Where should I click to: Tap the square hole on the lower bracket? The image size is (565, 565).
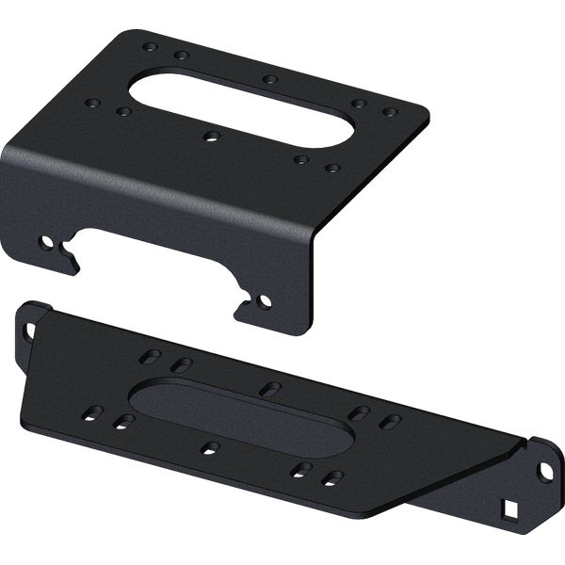click(510, 508)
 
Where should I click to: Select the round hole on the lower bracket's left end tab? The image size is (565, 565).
click(29, 330)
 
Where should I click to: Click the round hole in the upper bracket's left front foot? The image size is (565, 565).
click(44, 242)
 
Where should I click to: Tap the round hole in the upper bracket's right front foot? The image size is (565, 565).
click(264, 302)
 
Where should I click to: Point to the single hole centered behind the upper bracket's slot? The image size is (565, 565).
click(270, 79)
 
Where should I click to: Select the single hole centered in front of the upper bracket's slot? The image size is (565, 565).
click(211, 137)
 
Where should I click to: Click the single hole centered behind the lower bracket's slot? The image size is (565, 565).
click(269, 388)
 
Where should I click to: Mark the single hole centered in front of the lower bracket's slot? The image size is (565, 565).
click(212, 447)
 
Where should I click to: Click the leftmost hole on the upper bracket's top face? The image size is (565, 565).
click(92, 104)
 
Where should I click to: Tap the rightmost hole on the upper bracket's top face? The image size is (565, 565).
click(390, 112)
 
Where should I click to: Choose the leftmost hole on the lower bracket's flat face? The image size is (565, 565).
click(93, 412)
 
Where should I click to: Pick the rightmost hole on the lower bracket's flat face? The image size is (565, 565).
click(390, 421)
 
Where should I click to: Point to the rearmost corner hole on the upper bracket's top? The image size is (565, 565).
click(151, 45)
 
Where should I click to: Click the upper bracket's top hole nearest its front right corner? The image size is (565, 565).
click(332, 169)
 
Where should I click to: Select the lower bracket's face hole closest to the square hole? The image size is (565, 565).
click(331, 477)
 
